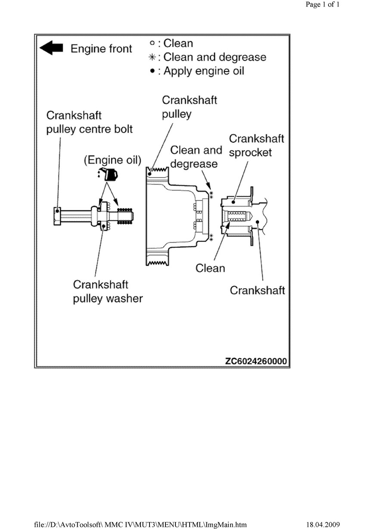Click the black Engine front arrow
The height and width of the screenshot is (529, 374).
[51, 48]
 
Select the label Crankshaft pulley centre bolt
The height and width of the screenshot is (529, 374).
[89, 122]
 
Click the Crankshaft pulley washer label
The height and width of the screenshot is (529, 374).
[108, 292]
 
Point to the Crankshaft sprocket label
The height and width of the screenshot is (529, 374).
[257, 146]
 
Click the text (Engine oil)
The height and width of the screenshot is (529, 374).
[112, 160]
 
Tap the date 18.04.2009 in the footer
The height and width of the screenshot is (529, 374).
[323, 524]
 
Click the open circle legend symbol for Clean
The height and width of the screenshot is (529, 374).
[152, 43]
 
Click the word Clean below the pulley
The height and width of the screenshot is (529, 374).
[210, 268]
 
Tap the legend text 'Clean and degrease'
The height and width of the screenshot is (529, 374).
[215, 57]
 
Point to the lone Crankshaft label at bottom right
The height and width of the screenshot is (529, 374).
[257, 290]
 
